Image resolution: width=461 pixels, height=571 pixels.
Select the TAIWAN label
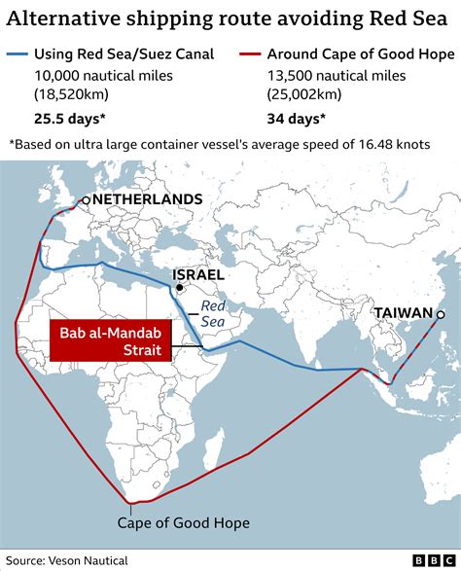[x=403, y=313]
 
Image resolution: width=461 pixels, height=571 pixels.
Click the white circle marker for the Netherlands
[x=87, y=200]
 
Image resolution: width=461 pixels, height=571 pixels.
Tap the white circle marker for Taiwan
[x=441, y=313]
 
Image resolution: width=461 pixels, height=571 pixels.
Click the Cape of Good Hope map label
[x=184, y=523]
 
